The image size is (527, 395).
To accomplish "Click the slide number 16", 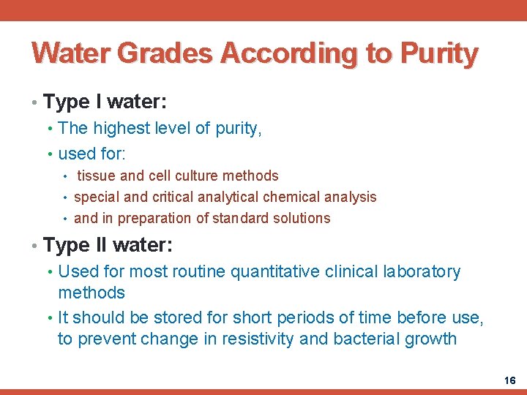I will click(509, 380).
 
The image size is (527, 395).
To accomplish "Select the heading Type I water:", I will click(105, 101).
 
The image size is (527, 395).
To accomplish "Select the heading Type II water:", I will click(108, 245).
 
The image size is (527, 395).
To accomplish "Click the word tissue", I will click(96, 176).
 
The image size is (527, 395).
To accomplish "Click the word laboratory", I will click(422, 272).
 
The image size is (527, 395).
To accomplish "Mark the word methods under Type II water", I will click(91, 293).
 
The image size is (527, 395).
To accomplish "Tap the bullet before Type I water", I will click(35, 102).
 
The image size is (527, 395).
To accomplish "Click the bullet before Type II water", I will click(35, 246).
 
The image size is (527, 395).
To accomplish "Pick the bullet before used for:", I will click(50, 154).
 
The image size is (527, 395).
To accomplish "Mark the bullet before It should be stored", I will click(50, 318).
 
